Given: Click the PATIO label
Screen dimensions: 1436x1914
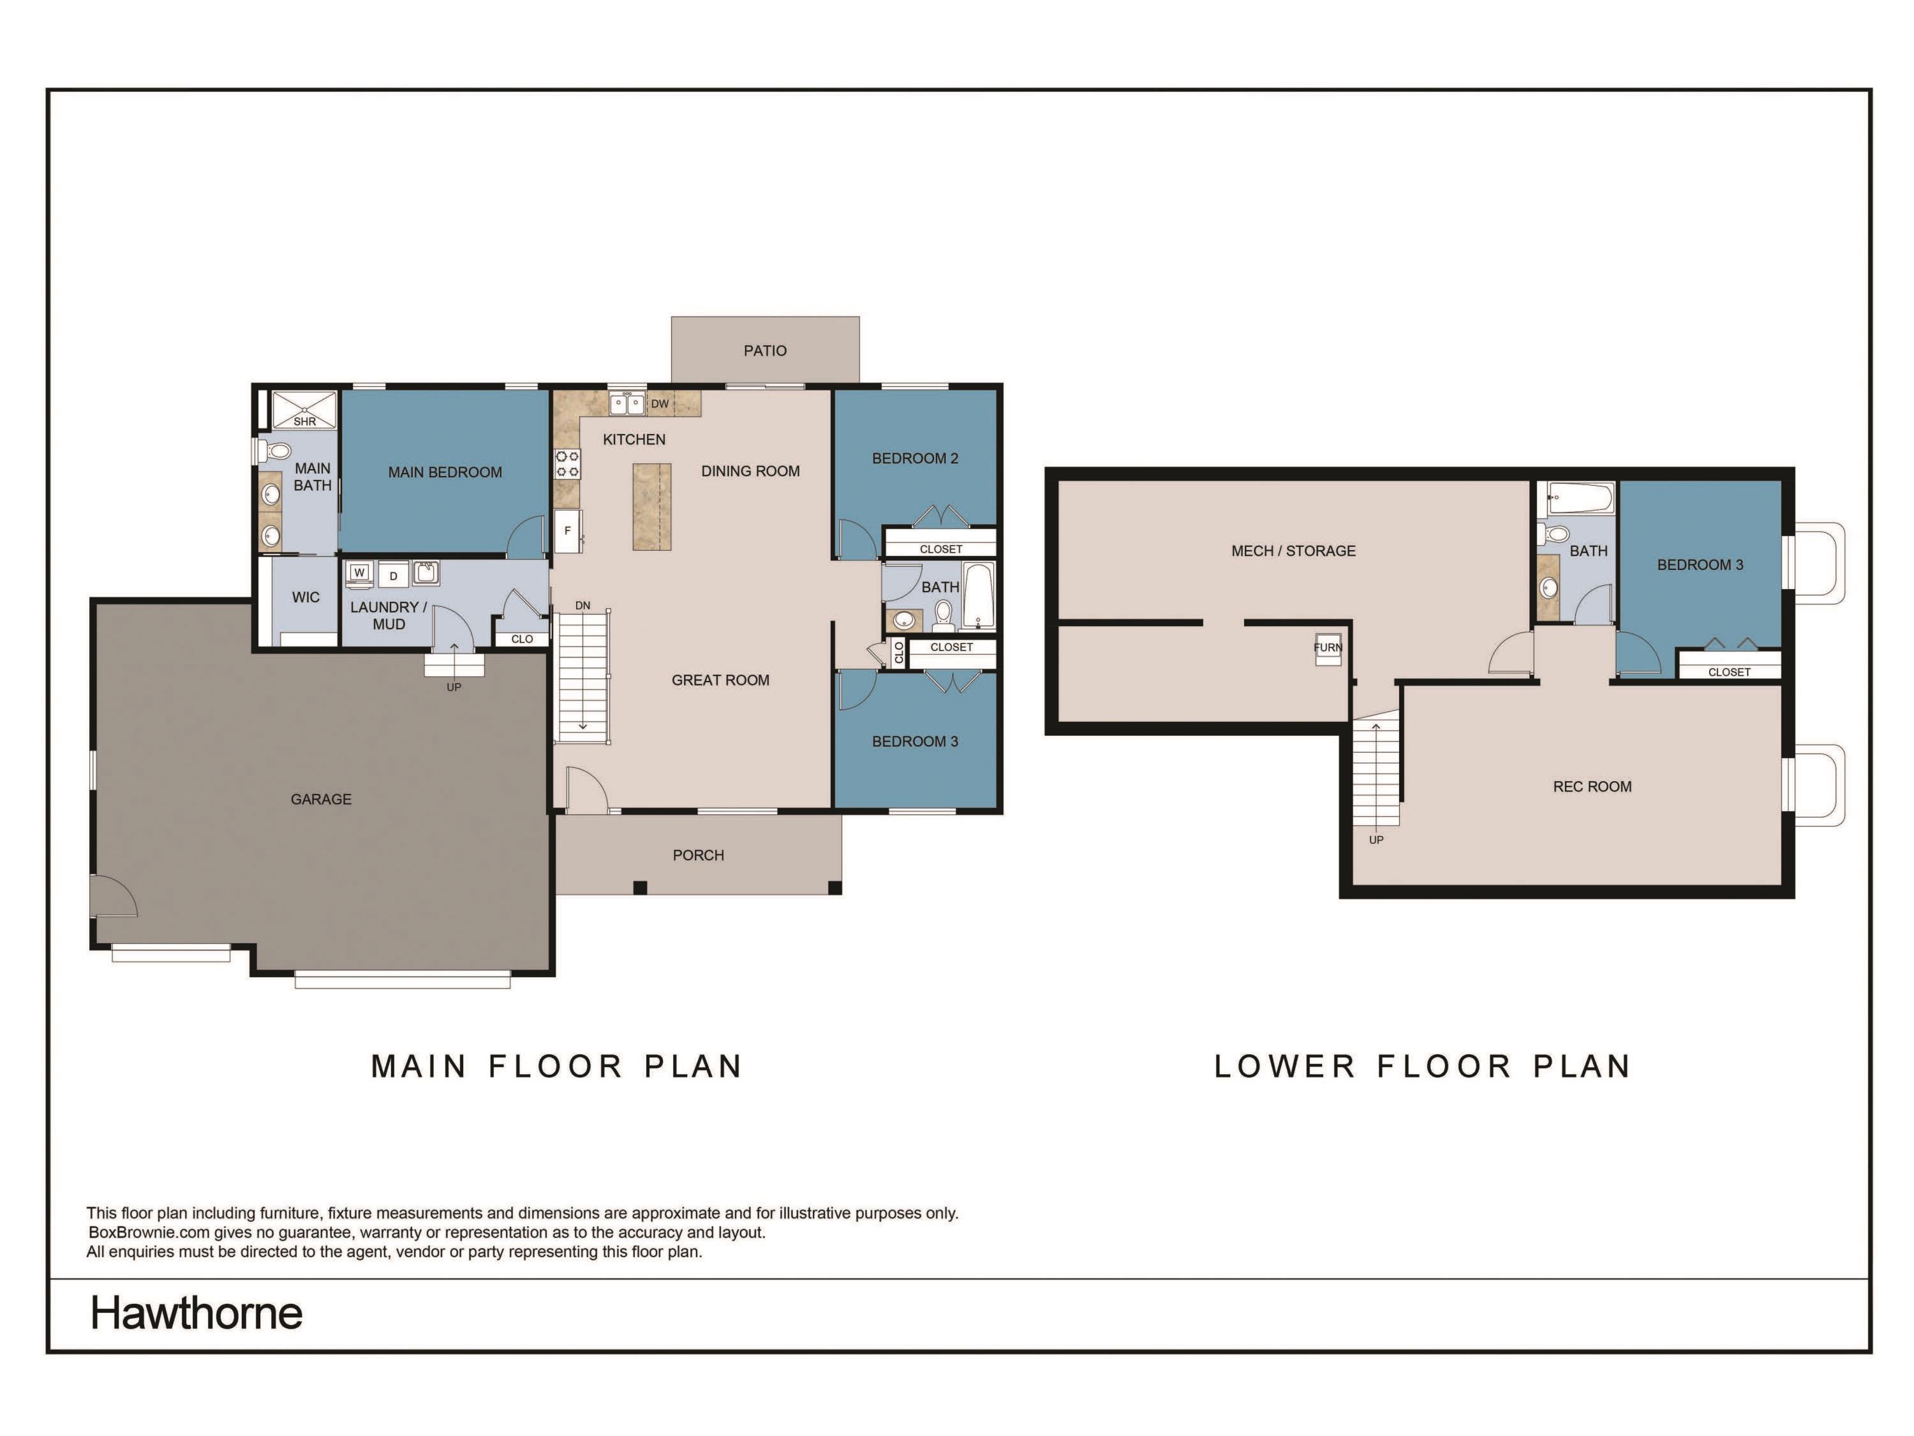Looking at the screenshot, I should click(x=765, y=350).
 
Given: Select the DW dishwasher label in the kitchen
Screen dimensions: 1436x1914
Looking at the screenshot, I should click(x=659, y=404).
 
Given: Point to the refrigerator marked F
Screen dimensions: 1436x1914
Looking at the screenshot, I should click(x=568, y=530).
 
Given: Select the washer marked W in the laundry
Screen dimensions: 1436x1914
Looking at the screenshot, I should click(x=359, y=573).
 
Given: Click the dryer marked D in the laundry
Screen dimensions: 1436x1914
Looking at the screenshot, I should click(x=393, y=576).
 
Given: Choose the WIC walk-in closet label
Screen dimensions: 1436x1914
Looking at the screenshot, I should click(x=306, y=597).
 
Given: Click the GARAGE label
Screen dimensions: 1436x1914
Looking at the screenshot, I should click(x=321, y=799).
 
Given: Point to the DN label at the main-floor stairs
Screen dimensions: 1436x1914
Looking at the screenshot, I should click(x=582, y=606).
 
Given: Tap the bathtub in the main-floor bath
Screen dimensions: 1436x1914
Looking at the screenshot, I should click(x=979, y=595).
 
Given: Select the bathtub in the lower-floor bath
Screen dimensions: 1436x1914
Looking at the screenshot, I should click(x=1580, y=498).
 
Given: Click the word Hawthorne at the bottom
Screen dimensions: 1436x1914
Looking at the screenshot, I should click(x=197, y=1313).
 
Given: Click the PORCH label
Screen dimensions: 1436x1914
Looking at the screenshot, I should click(x=697, y=855).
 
